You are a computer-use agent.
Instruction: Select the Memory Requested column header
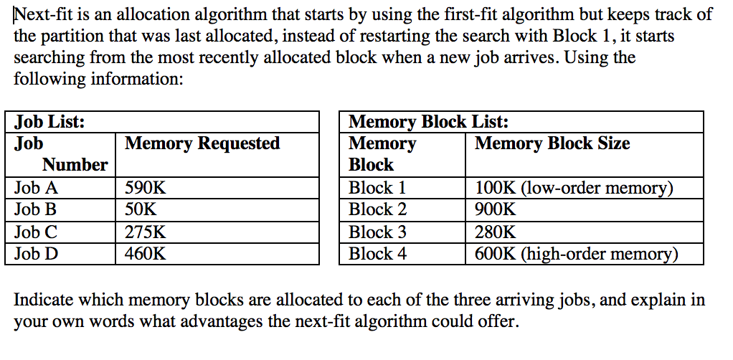[202, 143]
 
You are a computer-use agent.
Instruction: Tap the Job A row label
[37, 189]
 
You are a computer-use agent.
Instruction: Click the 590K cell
[145, 189]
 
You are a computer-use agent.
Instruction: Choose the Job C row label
[36, 232]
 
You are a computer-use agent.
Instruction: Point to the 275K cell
[145, 232]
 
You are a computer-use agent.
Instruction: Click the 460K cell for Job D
[145, 254]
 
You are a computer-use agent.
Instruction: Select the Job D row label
[37, 254]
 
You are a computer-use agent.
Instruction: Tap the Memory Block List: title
[428, 122]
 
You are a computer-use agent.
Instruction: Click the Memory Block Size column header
[552, 143]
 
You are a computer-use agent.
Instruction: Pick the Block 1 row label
[377, 189]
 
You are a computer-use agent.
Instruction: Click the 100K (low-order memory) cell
[574, 189]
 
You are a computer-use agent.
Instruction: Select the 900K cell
[495, 210]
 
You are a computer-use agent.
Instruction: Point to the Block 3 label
[377, 232]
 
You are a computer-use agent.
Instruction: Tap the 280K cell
[495, 232]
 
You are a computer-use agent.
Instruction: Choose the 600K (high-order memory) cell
[576, 254]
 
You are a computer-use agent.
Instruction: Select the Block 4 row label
[377, 254]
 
